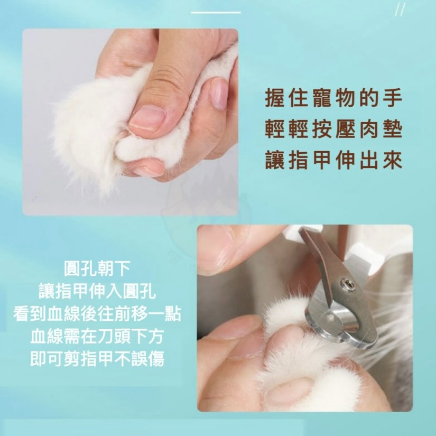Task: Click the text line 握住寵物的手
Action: (333, 99)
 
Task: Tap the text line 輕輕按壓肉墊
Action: (333, 130)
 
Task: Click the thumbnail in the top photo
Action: (147, 117)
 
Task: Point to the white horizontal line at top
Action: (216, 12)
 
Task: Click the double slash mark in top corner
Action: (400, 10)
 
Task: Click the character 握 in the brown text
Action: (272, 99)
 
